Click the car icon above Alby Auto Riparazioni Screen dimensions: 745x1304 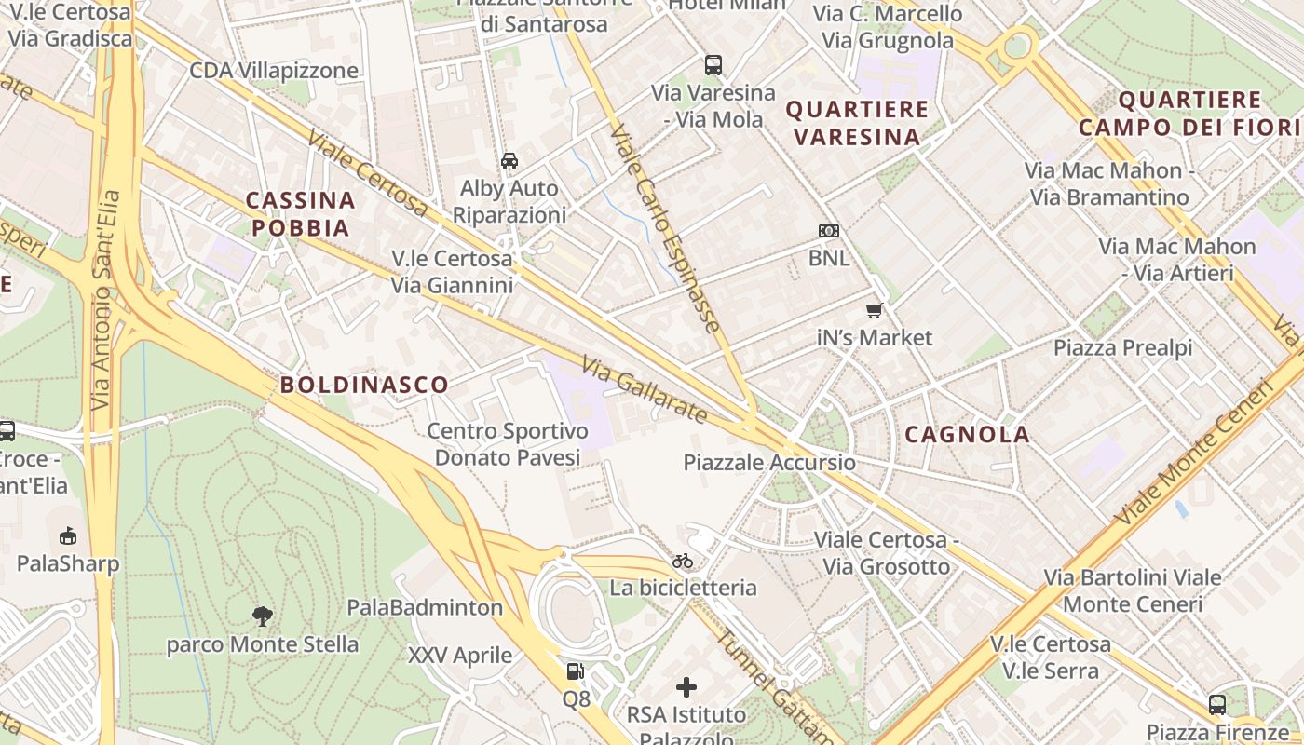509,160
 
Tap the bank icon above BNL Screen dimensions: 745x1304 828,231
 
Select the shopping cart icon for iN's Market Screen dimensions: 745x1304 874,310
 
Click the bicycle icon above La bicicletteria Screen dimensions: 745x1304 683,561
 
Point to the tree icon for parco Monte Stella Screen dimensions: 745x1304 263,615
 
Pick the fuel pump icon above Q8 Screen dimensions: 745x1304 576,671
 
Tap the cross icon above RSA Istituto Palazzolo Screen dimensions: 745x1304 686,687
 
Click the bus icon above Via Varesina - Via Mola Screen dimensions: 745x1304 713,65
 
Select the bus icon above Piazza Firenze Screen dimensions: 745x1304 1216,704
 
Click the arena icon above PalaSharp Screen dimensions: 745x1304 68,535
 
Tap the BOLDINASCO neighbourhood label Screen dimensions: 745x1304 364,385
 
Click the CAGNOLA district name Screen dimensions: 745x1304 968,434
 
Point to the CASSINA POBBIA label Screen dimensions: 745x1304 300,214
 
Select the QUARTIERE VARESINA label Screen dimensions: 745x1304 857,123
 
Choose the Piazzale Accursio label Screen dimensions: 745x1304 769,463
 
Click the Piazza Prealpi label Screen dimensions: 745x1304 1122,348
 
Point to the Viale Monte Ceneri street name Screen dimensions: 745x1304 1197,452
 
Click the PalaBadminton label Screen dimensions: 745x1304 425,608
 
